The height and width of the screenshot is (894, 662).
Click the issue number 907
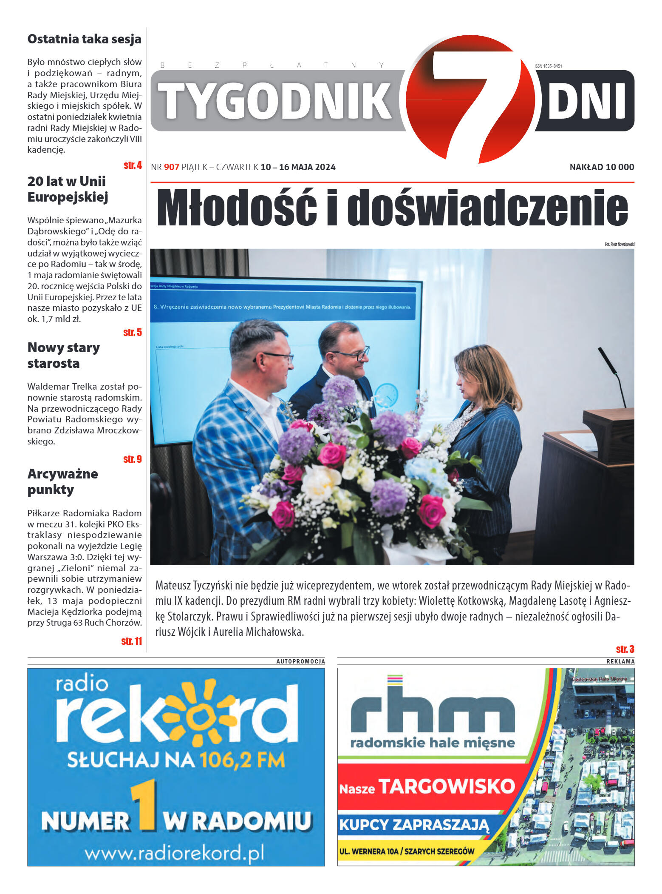pyautogui.click(x=171, y=167)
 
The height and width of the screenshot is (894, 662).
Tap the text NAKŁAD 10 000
pyautogui.click(x=601, y=167)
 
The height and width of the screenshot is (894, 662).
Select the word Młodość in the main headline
pyautogui.click(x=237, y=208)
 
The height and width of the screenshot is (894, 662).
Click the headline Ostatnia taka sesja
pyautogui.click(x=84, y=39)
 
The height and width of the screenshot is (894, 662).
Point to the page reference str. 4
pyautogui.click(x=133, y=165)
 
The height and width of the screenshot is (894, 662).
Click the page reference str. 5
pyautogui.click(x=133, y=333)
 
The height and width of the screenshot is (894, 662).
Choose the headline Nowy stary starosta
pyautogui.click(x=64, y=355)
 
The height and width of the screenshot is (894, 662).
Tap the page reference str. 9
pyautogui.click(x=133, y=459)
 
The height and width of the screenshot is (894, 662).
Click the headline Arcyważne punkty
pyautogui.click(x=63, y=481)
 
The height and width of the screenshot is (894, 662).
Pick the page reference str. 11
pyautogui.click(x=132, y=641)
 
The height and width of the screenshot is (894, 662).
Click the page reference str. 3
pyautogui.click(x=625, y=649)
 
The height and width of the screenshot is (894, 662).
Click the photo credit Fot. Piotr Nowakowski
pyautogui.click(x=619, y=244)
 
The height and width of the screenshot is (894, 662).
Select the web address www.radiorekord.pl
pyautogui.click(x=174, y=853)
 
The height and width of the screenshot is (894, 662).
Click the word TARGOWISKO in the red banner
pyautogui.click(x=447, y=786)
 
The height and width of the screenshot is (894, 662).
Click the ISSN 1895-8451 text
pyautogui.click(x=548, y=66)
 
